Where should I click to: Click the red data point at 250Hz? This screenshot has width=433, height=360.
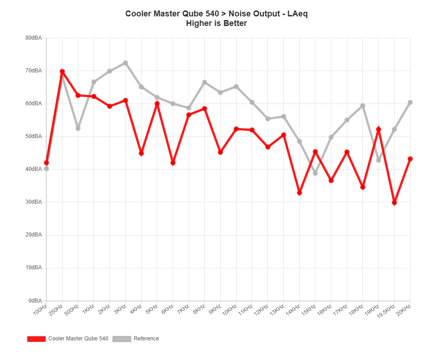pos(62,72)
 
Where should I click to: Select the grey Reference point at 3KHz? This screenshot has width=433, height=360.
pos(125,63)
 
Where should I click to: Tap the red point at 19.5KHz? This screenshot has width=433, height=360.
pos(394,202)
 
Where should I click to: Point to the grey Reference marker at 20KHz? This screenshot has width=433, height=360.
pos(410,103)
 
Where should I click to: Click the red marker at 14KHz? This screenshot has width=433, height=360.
pos(299,193)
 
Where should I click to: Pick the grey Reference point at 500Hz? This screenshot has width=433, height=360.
pos(78,129)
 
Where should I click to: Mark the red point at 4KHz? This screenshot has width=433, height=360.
pos(141,153)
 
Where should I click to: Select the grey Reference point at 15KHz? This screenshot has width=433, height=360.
pos(315,173)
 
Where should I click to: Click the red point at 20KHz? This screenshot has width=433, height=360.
pos(410,159)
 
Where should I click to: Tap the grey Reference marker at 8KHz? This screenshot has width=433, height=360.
pos(205,82)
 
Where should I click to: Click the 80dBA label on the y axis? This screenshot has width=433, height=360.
pos(34,38)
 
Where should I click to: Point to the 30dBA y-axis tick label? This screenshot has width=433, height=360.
pos(34,202)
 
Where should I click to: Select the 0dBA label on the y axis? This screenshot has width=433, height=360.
pos(35,300)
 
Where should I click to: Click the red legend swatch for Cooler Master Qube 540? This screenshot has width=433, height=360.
pos(36,339)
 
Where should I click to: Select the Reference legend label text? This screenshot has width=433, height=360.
pos(146,339)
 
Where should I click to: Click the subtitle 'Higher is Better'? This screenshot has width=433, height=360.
pos(216,23)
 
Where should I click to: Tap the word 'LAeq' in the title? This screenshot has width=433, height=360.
pos(298,14)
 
